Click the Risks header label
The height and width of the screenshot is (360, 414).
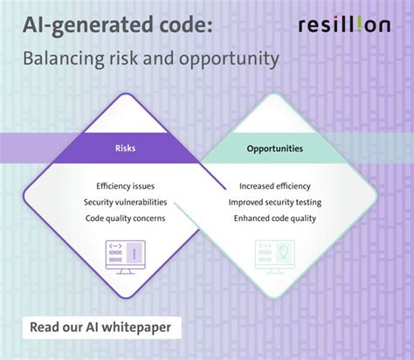click(x=125, y=149)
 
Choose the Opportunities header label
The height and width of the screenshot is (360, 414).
click(x=274, y=149)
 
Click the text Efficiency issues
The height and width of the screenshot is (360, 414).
click(x=125, y=186)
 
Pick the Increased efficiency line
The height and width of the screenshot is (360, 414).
click(x=274, y=186)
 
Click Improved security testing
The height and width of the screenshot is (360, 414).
click(x=274, y=202)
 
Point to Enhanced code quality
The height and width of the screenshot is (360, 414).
click(x=274, y=218)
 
